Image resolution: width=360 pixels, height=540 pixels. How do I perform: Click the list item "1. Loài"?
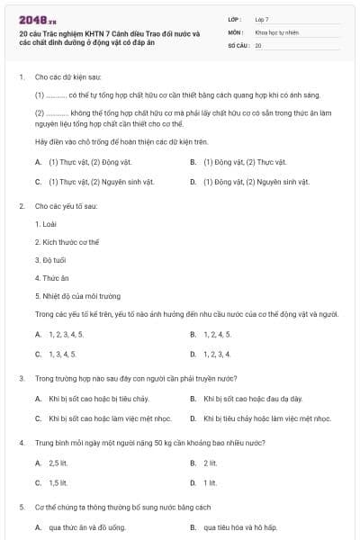coord(45,222)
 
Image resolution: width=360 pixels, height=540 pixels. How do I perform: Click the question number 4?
coord(21,443)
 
